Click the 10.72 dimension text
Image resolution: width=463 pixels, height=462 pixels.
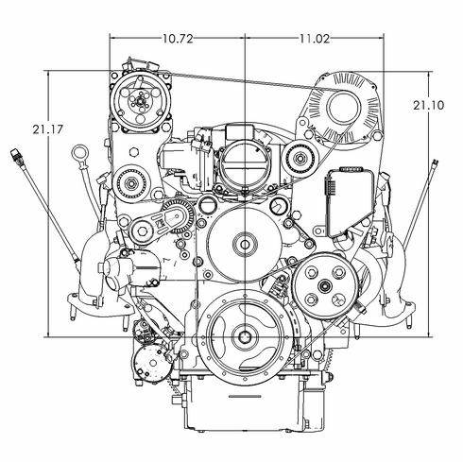click(178, 39)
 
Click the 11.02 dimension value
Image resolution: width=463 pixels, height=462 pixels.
click(315, 39)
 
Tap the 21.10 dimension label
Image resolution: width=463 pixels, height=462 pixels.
click(428, 106)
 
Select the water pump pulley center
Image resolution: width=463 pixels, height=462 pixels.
click(245, 245)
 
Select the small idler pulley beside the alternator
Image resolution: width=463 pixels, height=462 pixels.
click(301, 157)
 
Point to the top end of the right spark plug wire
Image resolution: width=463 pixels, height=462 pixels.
click(435, 163)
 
